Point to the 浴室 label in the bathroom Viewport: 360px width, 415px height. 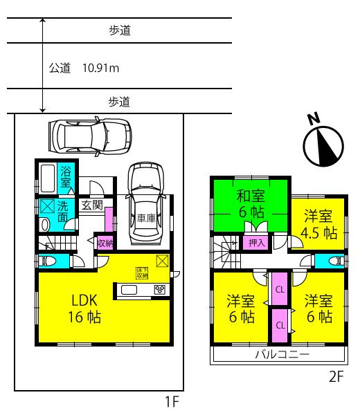pyautogui.click(x=67, y=177)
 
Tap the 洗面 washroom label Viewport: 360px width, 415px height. pyautogui.click(x=62, y=211)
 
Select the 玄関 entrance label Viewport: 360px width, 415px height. pyautogui.click(x=92, y=205)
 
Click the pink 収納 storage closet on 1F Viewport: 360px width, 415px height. pyautogui.click(x=105, y=242)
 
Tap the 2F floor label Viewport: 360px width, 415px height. pyautogui.click(x=336, y=378)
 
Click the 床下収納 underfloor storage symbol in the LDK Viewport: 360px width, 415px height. pyautogui.click(x=142, y=273)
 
